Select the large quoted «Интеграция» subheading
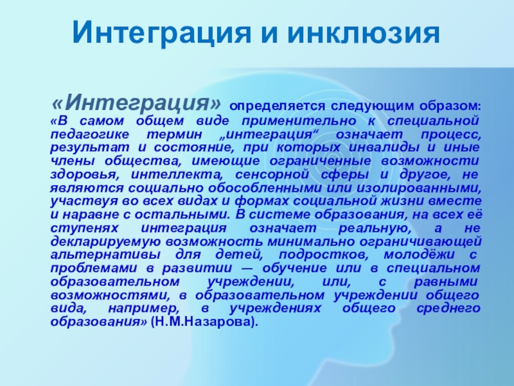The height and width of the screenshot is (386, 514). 136,102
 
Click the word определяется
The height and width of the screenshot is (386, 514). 278,107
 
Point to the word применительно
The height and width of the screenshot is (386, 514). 299,122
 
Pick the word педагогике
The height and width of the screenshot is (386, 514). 89,135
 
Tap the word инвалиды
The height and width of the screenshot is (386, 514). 384,148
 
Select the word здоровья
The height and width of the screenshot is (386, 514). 85,175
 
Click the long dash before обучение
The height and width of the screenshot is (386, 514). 247,269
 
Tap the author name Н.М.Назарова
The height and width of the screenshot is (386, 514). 201,322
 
